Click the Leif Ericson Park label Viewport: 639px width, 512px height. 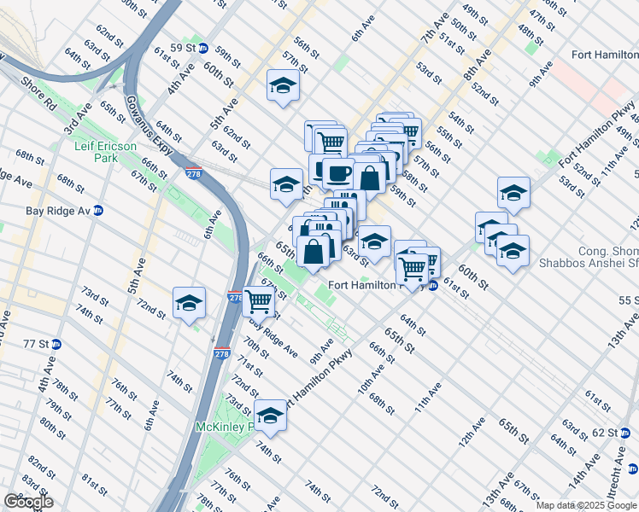(106, 152)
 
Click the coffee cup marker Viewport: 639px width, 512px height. (338, 173)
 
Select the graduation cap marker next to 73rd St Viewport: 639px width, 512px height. (189, 302)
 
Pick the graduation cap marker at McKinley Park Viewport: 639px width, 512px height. (271, 415)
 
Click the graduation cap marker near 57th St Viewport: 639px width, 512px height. (283, 85)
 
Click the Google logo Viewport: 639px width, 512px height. (28, 502)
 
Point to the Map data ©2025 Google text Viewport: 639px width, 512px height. (585, 505)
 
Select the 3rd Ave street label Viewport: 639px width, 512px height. (78, 123)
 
